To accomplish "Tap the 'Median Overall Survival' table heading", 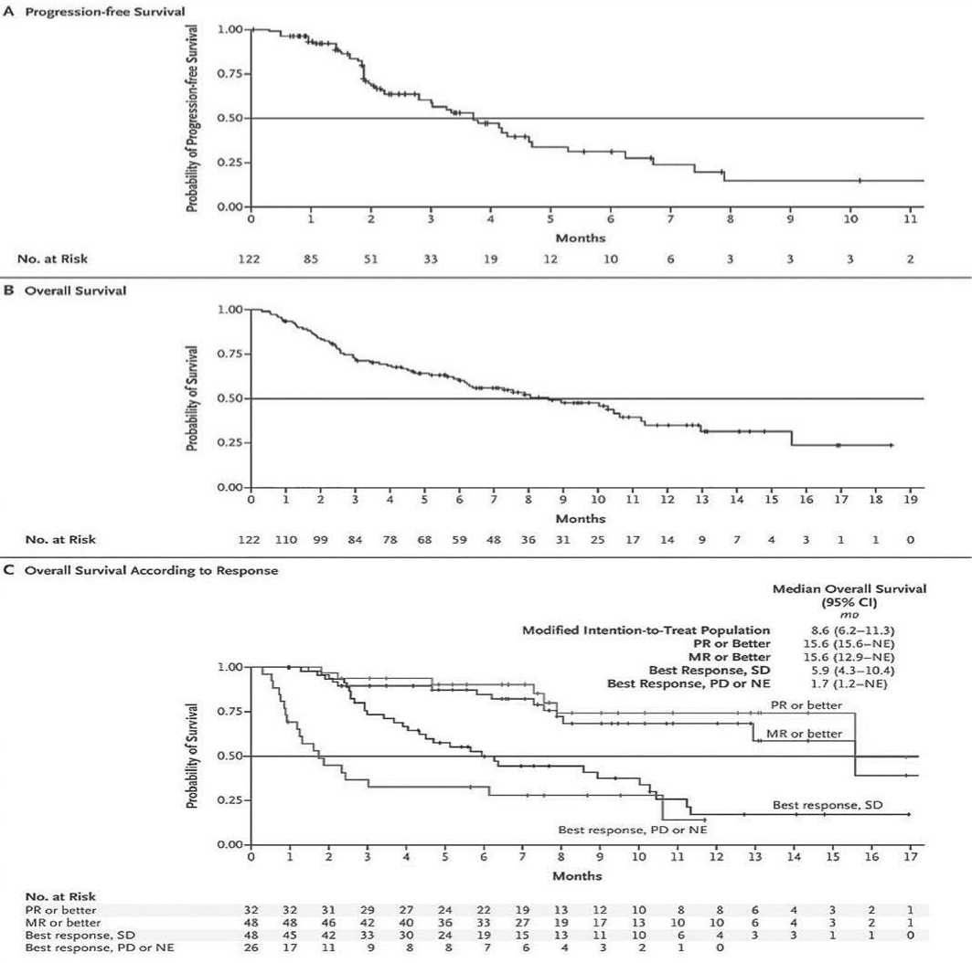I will pos(849,590).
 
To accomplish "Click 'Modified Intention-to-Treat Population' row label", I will pos(646,630).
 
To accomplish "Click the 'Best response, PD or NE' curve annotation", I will pos(633,830).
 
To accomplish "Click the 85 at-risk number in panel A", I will pos(311,259).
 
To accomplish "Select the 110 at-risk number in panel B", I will pos(286,539).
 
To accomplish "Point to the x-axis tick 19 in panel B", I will pos(910,501).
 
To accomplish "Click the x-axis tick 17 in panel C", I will pos(910,858).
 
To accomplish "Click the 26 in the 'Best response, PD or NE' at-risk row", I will pos(251,948).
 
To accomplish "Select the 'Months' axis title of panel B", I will pos(580,517).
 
